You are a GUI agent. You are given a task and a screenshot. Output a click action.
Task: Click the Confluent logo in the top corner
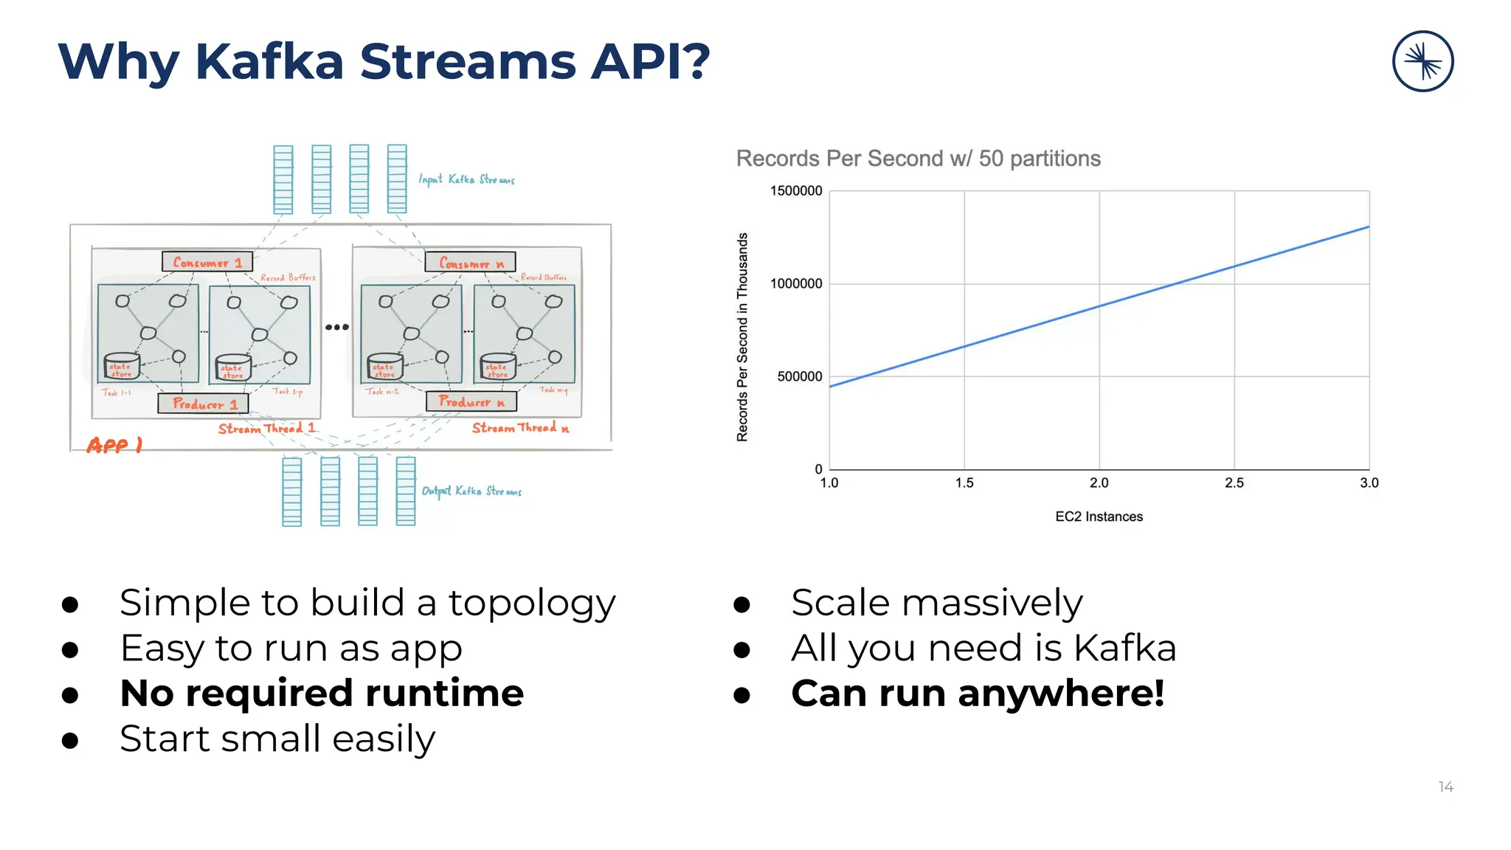click(1422, 61)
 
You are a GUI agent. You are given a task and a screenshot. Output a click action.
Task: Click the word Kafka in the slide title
click(269, 61)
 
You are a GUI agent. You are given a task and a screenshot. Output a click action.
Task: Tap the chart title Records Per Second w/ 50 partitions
click(918, 159)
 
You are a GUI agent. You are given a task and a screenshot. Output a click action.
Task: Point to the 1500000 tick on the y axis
click(795, 191)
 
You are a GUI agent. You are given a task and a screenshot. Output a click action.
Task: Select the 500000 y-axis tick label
click(799, 376)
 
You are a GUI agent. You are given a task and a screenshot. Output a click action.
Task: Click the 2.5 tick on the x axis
click(1234, 483)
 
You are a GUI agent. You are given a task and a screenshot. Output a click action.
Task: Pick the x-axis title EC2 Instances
click(1099, 516)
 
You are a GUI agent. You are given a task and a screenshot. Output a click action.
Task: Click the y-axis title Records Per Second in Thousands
click(742, 337)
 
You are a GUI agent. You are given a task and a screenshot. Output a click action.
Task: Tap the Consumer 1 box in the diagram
click(207, 262)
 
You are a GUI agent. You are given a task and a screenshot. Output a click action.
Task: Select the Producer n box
click(471, 401)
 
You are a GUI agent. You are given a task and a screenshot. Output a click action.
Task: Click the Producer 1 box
click(204, 404)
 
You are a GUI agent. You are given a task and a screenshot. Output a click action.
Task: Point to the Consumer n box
click(470, 263)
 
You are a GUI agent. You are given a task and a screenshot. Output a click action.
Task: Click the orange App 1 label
click(114, 445)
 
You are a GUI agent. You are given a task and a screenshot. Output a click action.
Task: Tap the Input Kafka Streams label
click(466, 179)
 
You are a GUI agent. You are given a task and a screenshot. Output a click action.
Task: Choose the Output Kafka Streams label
click(471, 491)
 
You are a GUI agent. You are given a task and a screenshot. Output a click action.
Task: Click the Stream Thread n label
click(520, 428)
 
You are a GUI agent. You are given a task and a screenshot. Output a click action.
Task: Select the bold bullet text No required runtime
click(322, 694)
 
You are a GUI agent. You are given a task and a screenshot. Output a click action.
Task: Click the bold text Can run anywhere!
click(978, 694)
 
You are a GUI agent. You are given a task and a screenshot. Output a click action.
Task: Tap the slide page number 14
click(1445, 787)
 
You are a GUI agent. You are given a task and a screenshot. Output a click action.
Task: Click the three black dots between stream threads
click(336, 327)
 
